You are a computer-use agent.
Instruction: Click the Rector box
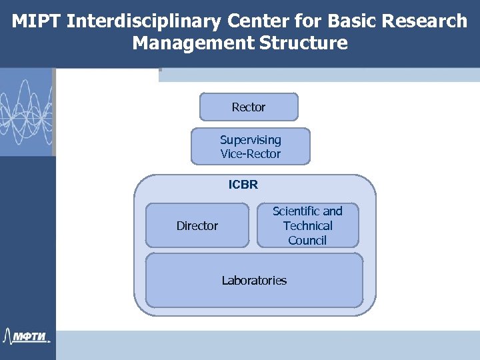point(249,107)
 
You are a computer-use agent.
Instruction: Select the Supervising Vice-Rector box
point(251,147)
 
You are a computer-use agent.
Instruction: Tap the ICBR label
point(243,185)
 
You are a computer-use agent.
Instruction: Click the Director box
point(197,226)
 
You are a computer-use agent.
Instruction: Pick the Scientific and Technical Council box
point(307,225)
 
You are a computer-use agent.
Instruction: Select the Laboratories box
point(254,281)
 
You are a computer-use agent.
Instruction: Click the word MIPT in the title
point(37,21)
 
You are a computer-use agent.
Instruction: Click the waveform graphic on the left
point(26,110)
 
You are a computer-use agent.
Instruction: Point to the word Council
point(307,240)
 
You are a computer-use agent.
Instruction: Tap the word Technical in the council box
point(307,225)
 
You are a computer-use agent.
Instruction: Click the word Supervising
point(251,140)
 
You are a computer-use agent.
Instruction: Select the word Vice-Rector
point(251,154)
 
